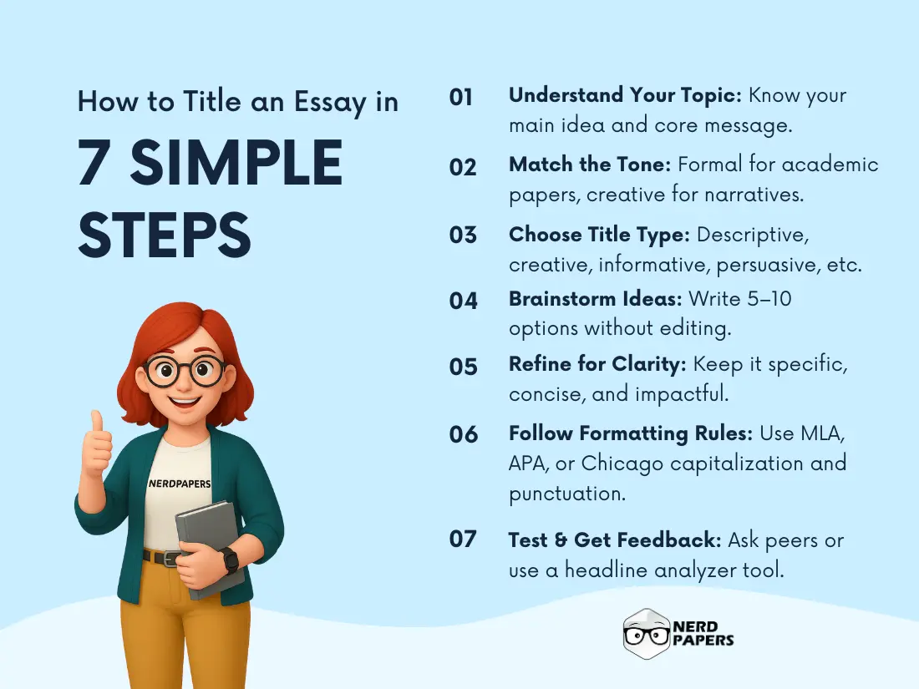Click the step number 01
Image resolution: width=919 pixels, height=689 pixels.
tap(461, 98)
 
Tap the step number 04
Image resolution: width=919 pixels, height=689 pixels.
tap(463, 301)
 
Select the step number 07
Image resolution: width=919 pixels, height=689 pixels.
tap(463, 539)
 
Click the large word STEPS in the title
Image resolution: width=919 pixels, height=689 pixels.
tap(165, 235)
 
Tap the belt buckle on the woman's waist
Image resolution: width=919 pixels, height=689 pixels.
tap(170, 558)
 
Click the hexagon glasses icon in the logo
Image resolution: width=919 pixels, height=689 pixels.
tap(647, 634)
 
